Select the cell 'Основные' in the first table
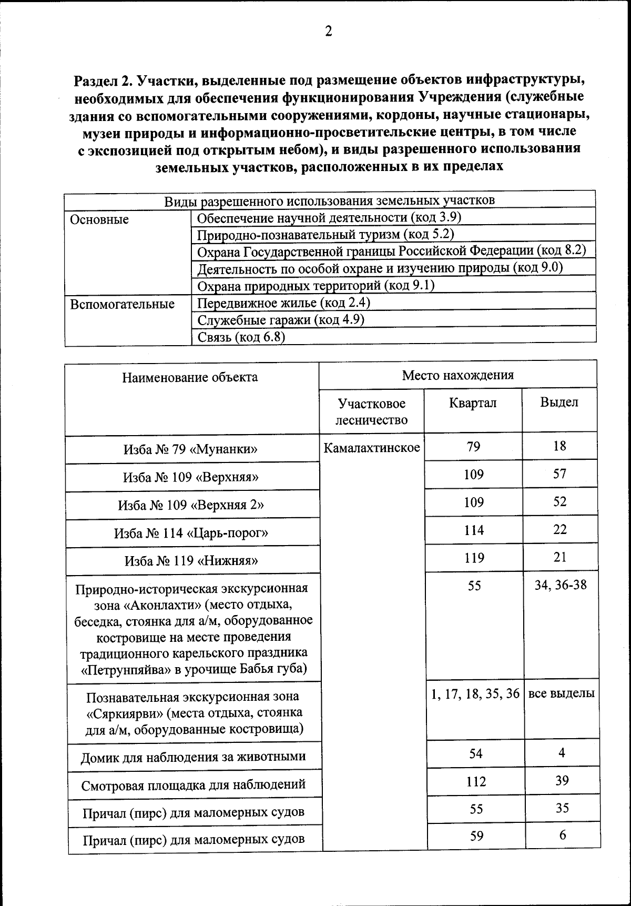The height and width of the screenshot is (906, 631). tap(99, 219)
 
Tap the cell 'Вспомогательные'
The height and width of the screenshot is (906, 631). tap(122, 304)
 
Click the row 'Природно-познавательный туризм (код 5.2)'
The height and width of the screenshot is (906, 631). tap(325, 234)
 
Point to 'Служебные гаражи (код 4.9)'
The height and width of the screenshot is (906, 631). tap(281, 320)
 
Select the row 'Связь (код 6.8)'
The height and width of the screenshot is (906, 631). tap(241, 337)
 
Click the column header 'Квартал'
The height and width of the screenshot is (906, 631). tap(473, 403)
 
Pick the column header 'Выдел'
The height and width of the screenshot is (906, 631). tap(559, 402)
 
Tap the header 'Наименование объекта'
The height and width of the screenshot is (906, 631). tap(190, 377)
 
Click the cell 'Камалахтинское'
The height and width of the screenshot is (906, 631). tap(372, 448)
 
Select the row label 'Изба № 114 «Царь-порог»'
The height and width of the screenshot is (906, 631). tap(191, 533)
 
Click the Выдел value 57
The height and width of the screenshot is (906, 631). tap(559, 474)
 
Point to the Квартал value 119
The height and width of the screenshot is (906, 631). tap(474, 558)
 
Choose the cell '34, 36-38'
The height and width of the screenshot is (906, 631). tap(561, 585)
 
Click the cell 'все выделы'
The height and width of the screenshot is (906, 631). tap(561, 693)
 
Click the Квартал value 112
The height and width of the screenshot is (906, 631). tap(476, 782)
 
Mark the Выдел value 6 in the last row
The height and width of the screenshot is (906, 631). tap(563, 835)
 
